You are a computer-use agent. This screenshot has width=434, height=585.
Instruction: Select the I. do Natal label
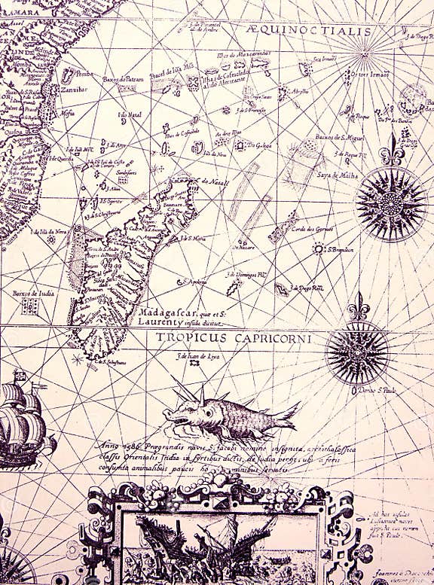click(130, 114)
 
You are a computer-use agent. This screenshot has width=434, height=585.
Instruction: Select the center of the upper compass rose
click(391, 203)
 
